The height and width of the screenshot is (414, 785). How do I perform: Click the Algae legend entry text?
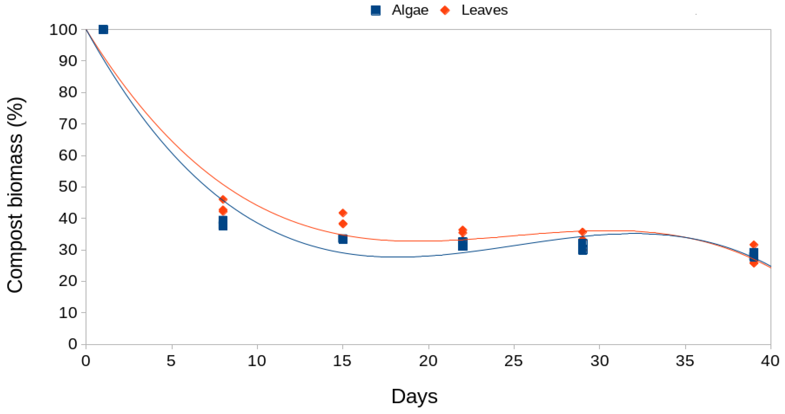(410, 10)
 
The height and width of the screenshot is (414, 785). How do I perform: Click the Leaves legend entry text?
(484, 10)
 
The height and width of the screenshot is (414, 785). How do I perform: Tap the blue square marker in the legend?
(376, 10)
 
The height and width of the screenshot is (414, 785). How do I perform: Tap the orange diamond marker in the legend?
(445, 10)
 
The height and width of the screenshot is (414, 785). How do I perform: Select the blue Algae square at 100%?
(103, 30)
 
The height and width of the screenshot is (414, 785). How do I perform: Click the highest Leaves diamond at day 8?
(223, 199)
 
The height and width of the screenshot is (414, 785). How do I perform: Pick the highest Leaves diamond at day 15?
(343, 213)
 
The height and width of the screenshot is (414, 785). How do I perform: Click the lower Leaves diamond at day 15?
(343, 224)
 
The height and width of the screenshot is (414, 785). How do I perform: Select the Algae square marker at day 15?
(343, 239)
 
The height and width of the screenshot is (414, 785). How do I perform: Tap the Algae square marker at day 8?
(223, 223)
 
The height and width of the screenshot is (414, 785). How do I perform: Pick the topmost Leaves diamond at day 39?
(754, 245)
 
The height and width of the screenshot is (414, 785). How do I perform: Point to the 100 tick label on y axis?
(63, 30)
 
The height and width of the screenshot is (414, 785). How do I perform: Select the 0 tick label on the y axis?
(72, 344)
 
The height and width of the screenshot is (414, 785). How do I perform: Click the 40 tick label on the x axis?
(770, 361)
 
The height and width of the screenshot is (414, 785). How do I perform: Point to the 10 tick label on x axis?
(257, 361)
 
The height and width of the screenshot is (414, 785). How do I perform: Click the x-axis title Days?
(414, 396)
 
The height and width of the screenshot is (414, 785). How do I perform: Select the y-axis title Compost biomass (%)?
(15, 195)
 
